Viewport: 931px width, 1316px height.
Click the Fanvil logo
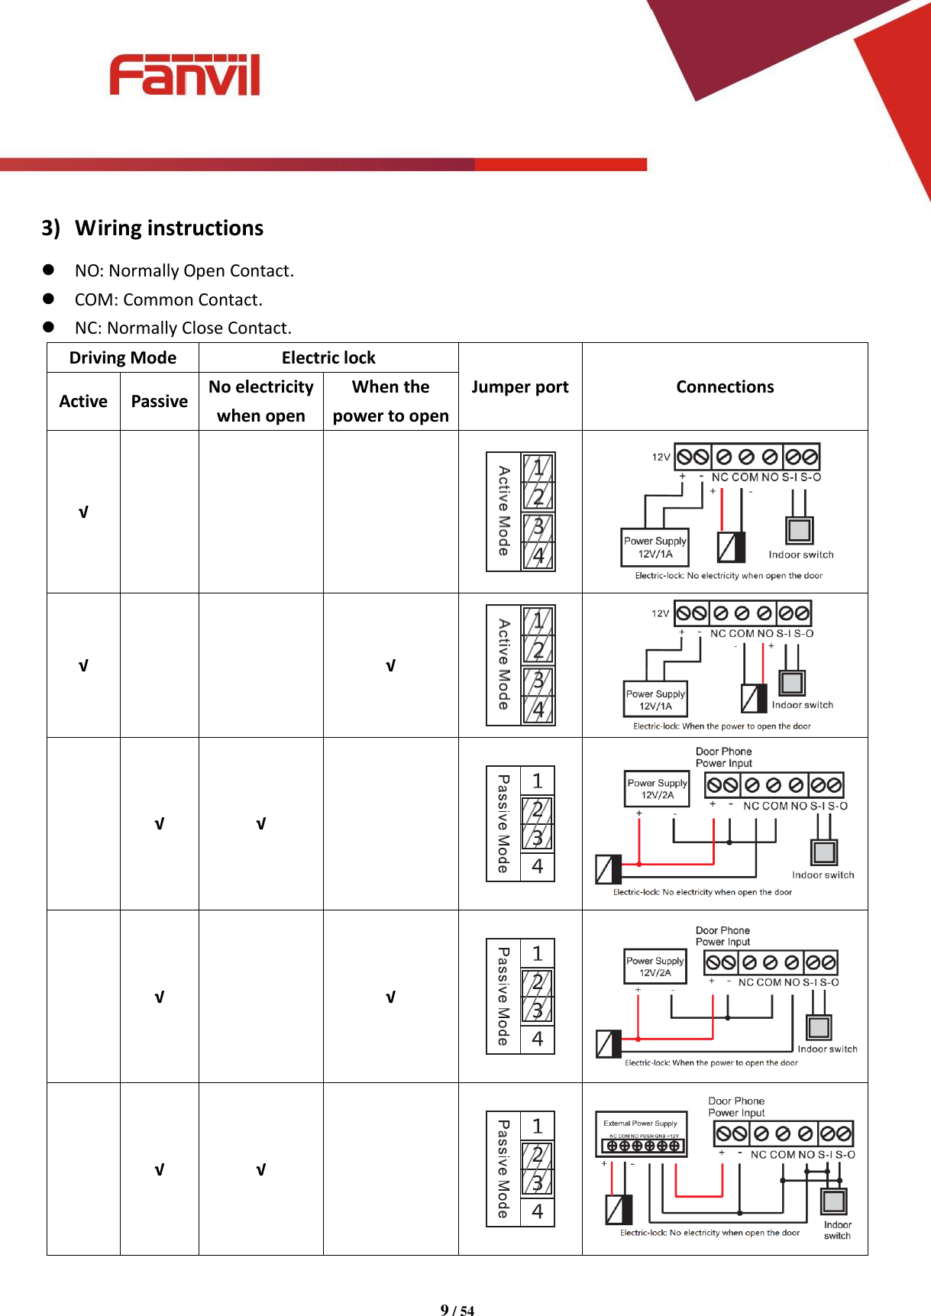(x=185, y=75)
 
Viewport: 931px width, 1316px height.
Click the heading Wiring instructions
(x=169, y=228)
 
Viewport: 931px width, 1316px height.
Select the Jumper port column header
(x=519, y=387)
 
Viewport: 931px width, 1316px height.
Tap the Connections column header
(x=724, y=387)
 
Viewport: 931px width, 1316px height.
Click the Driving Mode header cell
(x=122, y=357)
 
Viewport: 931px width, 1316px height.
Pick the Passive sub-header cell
(x=159, y=402)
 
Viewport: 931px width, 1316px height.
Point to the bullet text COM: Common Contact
(x=168, y=299)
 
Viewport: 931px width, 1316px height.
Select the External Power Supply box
(x=640, y=1133)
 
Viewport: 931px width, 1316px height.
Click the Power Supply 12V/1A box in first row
(x=655, y=547)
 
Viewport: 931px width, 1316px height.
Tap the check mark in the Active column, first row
(x=83, y=512)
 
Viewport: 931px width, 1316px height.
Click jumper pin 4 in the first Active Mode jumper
(x=538, y=556)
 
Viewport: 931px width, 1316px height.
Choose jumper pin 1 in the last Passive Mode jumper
(x=538, y=1126)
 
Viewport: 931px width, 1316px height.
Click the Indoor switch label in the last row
(x=837, y=1230)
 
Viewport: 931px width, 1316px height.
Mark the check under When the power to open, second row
(x=390, y=666)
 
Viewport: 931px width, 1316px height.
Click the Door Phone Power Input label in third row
(x=723, y=757)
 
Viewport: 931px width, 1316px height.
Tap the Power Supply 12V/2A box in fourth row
(x=655, y=966)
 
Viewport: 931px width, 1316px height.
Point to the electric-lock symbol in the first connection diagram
(x=731, y=547)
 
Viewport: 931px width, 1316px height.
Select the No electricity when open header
(x=260, y=401)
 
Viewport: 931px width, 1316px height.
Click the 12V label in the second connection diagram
(x=660, y=613)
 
